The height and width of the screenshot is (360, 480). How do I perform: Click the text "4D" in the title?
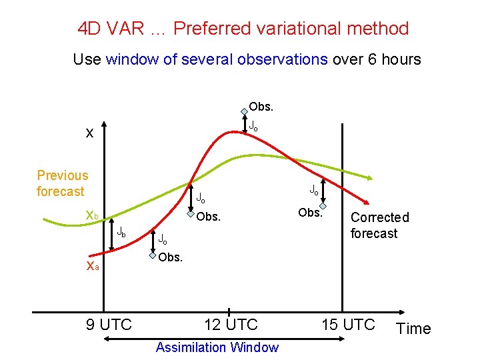(90, 29)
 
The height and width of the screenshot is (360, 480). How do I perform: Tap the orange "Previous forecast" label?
(62, 183)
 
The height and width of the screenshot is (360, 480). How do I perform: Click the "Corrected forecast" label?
(379, 225)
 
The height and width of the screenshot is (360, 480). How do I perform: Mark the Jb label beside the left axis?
(121, 233)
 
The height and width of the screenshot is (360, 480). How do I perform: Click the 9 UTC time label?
(109, 325)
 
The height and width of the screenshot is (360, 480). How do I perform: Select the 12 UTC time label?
(231, 325)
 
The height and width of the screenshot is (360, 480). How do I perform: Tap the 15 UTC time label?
(349, 325)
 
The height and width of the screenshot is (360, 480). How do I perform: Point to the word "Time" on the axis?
(413, 329)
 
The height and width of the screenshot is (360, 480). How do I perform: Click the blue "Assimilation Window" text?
(217, 347)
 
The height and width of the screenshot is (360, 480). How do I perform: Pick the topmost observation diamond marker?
(245, 111)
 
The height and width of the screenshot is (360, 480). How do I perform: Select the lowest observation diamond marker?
(153, 255)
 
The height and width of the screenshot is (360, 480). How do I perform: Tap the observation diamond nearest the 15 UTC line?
(323, 206)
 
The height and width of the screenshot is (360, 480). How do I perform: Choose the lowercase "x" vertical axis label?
(89, 133)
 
